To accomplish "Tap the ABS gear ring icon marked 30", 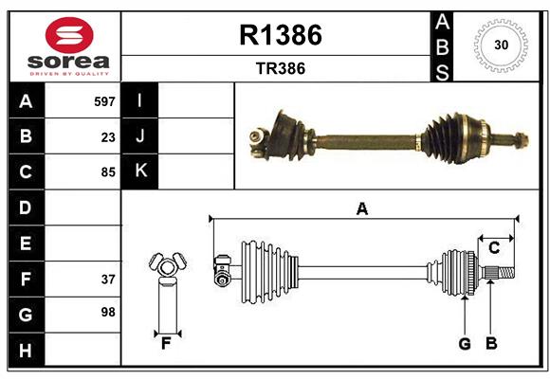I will pos(499,45).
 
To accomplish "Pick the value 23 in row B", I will pos(108,137).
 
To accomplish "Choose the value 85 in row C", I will pos(108,172).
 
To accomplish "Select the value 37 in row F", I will pos(108,280).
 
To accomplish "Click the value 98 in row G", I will pos(108,312).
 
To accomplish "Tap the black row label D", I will pos(25,208).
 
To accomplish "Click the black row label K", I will pos(140,171).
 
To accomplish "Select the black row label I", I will pos(140,100).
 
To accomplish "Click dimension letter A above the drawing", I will pos(361,208).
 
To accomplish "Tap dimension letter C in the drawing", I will pos(493,248).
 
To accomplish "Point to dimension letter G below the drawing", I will pos(465,344).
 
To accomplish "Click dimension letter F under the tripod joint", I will pos(166,344).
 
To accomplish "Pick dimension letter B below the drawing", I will pos(491,344).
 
